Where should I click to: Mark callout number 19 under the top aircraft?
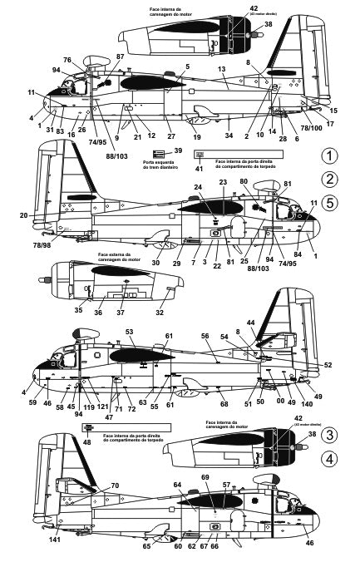(x=197, y=136)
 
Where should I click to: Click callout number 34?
(x=229, y=136)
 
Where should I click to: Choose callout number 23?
(x=222, y=182)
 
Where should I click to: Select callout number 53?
(x=129, y=332)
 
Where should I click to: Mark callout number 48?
(x=86, y=443)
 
